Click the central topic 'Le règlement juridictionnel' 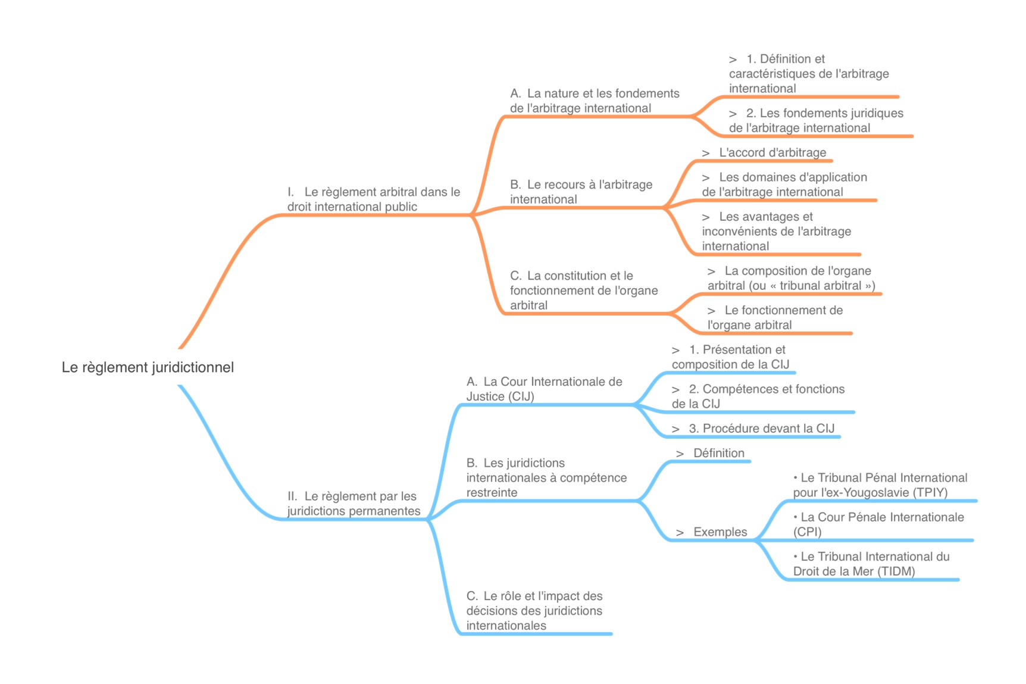pos(148,367)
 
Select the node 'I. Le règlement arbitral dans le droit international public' pos(373,199)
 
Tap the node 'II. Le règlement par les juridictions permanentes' pos(354,504)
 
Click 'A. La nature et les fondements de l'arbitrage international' pos(594,101)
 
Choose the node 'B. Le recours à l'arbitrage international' pos(580,192)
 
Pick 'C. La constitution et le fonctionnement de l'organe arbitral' pos(583,291)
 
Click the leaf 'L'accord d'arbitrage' pos(772,152)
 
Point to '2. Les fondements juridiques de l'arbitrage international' pos(816,120)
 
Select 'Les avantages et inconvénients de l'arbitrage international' pos(776,232)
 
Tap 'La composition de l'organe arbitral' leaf pos(791,278)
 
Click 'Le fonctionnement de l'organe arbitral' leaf pos(775,317)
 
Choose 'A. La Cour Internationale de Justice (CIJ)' pos(544,389)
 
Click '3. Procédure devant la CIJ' pos(761,429)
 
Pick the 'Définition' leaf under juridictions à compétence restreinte pos(718,453)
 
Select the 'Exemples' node pos(720,532)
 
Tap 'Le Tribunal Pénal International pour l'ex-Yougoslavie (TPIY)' pos(880,485)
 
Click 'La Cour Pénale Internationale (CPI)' pos(878,524)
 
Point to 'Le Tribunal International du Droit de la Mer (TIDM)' pos(871,564)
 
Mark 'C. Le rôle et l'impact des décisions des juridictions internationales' pos(534,611)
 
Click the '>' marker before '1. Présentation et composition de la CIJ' pos(675,351)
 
